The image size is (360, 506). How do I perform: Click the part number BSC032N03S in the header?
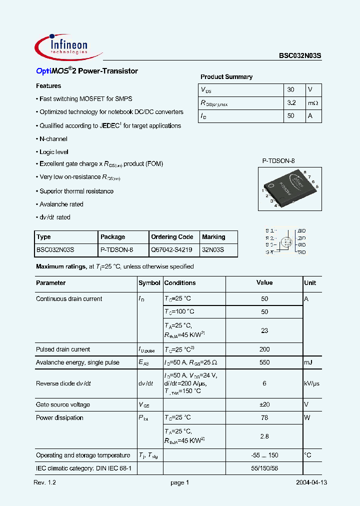[300, 56]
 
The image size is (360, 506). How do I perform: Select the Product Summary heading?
[226, 77]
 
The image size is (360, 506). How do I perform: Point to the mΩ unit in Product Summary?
[313, 103]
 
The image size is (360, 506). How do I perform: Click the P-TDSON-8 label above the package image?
[278, 160]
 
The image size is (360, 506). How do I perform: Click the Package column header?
[113, 237]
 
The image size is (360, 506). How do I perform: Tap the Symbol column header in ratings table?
[149, 283]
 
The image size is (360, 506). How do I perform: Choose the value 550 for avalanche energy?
[264, 362]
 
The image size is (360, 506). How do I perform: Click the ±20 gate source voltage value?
[264, 405]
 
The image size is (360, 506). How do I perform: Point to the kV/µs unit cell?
[311, 383]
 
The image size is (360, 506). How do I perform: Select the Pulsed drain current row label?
[63, 349]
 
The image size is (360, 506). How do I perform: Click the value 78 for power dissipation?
[264, 418]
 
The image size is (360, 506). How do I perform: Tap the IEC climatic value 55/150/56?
[264, 468]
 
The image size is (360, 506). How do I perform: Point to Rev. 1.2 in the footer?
[45, 483]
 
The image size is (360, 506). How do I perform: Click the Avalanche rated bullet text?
[61, 204]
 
